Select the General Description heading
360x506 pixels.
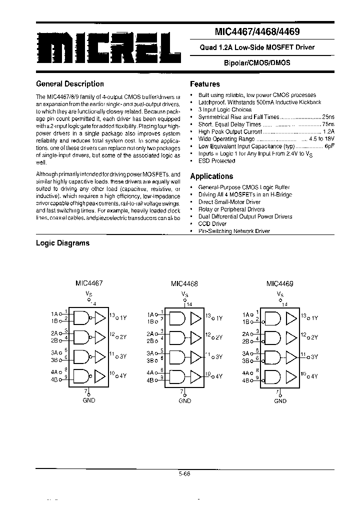pyautogui.click(x=70, y=84)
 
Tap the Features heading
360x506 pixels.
pyautogui.click(x=205, y=84)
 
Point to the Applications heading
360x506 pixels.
pyautogui.click(x=211, y=176)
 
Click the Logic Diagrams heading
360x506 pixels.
pyautogui.click(x=63, y=243)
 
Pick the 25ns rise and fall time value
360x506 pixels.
pyautogui.click(x=328, y=116)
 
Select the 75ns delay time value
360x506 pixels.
pyautogui.click(x=328, y=124)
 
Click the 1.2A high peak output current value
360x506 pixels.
pyautogui.click(x=328, y=131)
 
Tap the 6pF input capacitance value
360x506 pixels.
pyautogui.click(x=329, y=146)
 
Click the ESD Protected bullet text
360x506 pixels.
pyautogui.click(x=216, y=161)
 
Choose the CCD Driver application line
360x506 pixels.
pyautogui.click(x=212, y=223)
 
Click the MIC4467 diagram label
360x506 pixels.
pyautogui.click(x=89, y=283)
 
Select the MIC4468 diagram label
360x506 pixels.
pyautogui.click(x=184, y=283)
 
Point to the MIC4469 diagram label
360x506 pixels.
pyautogui.click(x=280, y=283)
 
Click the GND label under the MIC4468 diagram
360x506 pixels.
pyautogui.click(x=184, y=400)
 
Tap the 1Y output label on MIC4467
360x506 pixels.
pyautogui.click(x=122, y=317)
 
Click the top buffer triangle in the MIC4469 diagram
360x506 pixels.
pyautogui.click(x=290, y=317)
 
